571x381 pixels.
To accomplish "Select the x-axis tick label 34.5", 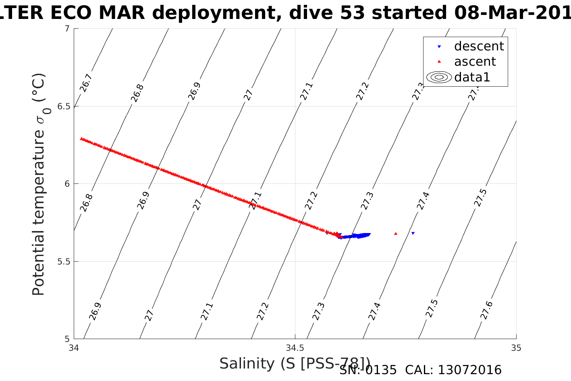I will pos(295,348).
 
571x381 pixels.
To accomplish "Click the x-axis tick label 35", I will pos(516,348).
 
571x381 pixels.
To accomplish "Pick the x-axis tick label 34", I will pos(74,348).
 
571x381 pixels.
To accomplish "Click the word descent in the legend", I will pos(479,46).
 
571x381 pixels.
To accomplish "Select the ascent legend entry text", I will pos(475,62).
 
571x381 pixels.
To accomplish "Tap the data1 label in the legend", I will pos(472,77).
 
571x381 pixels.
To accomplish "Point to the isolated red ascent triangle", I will pos(396,233).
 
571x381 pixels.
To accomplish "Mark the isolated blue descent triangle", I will pos(413,233).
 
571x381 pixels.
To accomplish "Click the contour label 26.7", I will pos(86,83).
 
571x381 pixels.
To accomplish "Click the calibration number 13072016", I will pos(469,370).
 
